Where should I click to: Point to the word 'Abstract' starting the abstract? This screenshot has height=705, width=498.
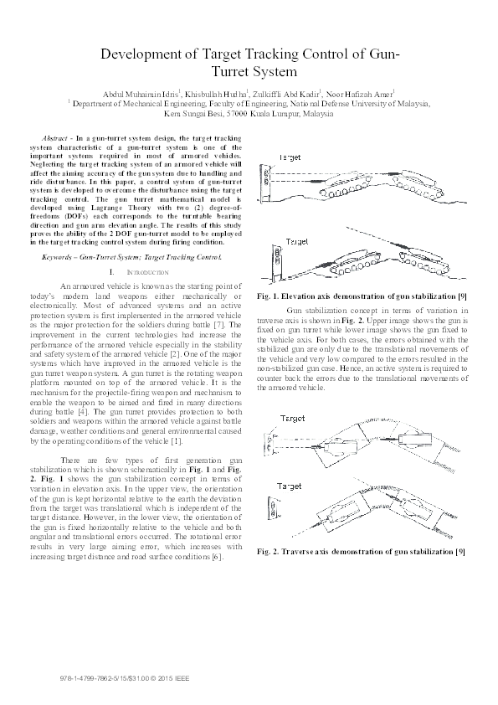point(56,136)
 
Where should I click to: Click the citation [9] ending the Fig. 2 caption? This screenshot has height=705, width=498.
point(460,552)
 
